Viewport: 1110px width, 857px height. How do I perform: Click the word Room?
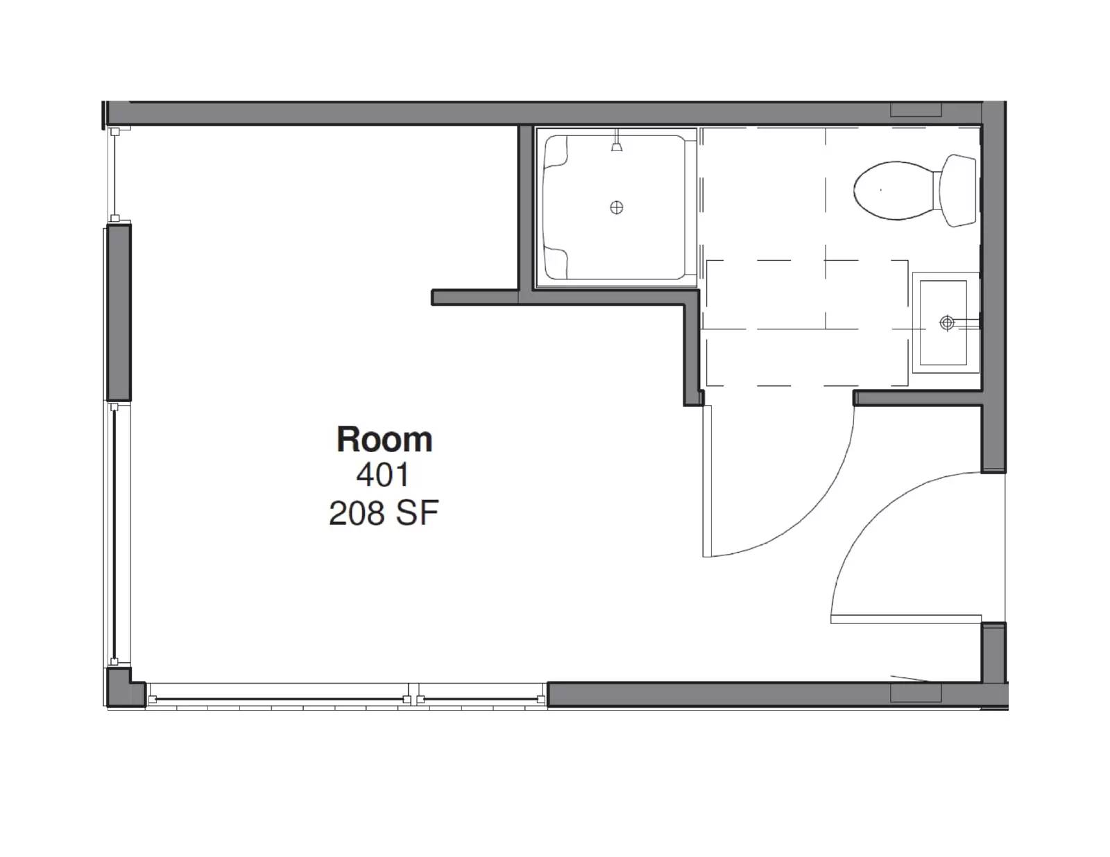384,440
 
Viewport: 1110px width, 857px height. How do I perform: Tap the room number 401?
382,475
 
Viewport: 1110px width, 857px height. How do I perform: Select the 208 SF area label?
384,513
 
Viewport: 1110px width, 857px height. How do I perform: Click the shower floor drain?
617,208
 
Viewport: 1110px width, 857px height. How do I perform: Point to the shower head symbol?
617,141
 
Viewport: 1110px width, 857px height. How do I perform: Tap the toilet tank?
958,191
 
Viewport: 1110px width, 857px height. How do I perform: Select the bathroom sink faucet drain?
947,322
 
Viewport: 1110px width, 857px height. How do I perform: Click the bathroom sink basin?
943,322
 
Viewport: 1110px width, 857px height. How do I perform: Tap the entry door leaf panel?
905,619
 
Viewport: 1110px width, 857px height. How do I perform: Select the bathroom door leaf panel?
707,481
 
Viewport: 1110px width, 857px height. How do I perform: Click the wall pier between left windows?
119,313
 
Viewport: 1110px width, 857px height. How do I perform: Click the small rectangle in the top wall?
916,110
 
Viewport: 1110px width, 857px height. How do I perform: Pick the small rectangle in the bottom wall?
916,693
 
